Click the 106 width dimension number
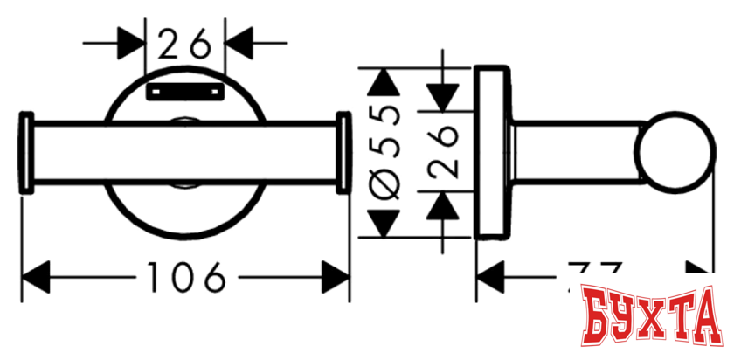click(185, 280)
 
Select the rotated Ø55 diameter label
click(385, 153)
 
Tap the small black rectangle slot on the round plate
click(184, 90)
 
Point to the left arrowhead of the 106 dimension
click(36, 280)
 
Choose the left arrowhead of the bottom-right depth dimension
click(490, 280)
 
